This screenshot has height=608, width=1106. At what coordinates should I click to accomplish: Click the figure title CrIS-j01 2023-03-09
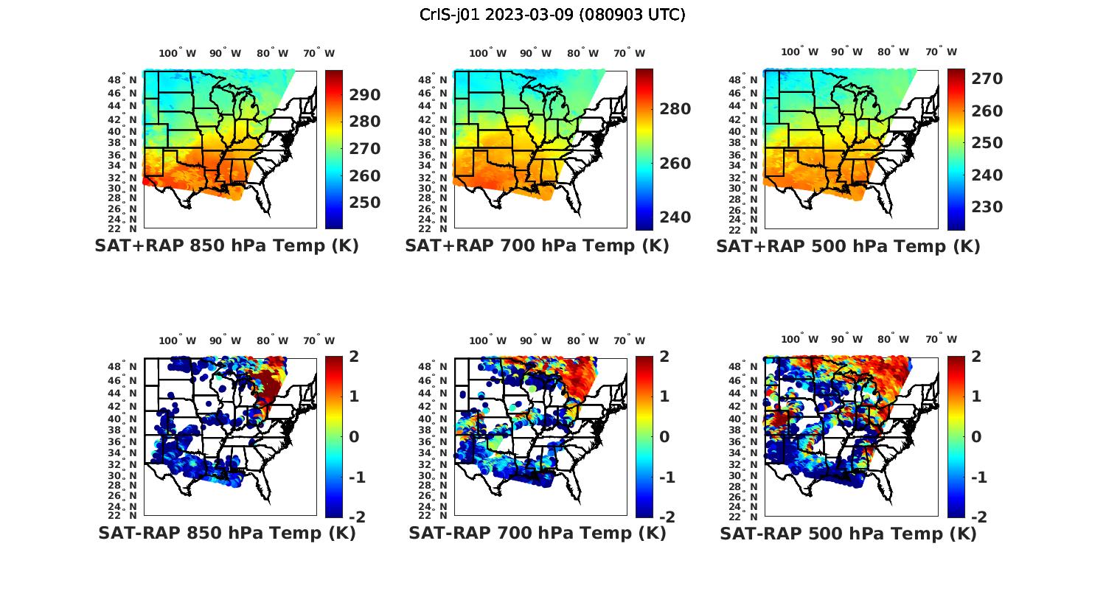(x=552, y=15)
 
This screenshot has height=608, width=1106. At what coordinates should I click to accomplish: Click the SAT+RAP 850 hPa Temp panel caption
(x=226, y=246)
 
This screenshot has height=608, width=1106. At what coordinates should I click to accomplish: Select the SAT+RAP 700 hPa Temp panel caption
(x=537, y=246)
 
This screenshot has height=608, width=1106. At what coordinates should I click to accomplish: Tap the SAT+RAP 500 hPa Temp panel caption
(x=848, y=246)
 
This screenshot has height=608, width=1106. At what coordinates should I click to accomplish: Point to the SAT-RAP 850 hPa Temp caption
(x=226, y=533)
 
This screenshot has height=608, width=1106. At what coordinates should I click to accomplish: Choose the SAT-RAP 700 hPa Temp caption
(x=537, y=533)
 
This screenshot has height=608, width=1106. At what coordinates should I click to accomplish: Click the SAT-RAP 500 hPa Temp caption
(x=848, y=533)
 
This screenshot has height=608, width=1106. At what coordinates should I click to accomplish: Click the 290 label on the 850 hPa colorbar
(x=365, y=95)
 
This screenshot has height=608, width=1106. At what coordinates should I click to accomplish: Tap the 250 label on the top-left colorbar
(x=365, y=203)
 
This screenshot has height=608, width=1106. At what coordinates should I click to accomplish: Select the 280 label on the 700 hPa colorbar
(x=675, y=109)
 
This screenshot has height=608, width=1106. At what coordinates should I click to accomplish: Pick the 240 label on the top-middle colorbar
(x=675, y=217)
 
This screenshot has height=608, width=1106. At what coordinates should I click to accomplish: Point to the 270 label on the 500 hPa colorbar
(x=987, y=79)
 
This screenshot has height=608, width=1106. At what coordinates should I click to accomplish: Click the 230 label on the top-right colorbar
(x=987, y=207)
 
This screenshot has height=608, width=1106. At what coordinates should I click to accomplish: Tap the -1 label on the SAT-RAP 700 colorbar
(x=666, y=478)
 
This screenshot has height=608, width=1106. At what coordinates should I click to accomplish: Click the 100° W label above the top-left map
(x=178, y=53)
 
